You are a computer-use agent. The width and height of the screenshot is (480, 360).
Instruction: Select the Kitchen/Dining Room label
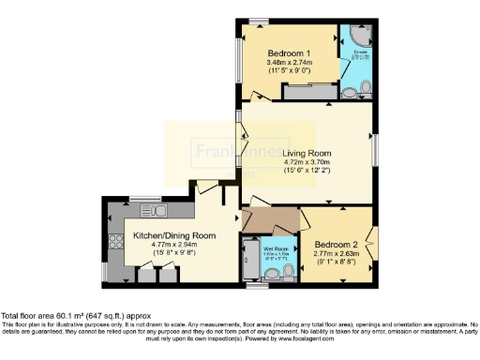point(174,235)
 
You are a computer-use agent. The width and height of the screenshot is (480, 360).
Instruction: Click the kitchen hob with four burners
point(117,241)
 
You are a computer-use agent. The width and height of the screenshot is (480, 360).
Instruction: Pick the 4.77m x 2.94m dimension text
point(174,246)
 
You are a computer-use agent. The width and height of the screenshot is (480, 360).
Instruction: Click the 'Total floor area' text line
point(75,316)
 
